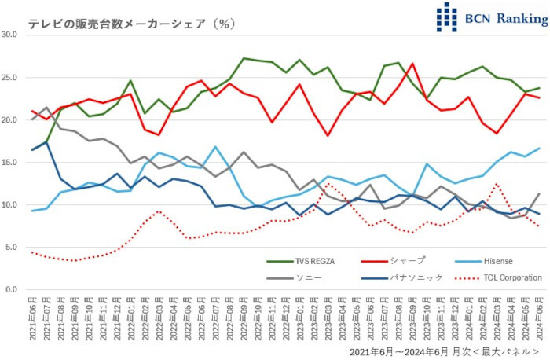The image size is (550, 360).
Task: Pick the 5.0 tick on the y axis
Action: (12, 247)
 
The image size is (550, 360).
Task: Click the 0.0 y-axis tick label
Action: (12, 290)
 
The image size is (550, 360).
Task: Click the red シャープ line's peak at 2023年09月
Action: (412, 64)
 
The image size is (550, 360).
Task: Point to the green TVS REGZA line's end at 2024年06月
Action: (539, 88)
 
